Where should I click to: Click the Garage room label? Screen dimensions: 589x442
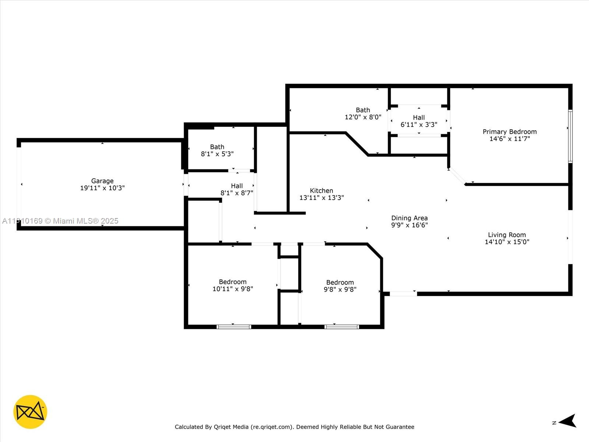(x=102, y=181)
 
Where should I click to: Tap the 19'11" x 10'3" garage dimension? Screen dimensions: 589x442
(x=102, y=188)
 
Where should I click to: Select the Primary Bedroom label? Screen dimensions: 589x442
(x=509, y=132)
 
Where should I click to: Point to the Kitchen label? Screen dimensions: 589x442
(x=321, y=190)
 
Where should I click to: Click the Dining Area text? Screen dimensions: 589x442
(x=409, y=218)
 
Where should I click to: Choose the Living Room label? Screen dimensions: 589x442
(x=507, y=235)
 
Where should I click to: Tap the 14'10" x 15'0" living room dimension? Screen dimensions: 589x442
(x=507, y=242)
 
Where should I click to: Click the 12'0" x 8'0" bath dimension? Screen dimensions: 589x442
(x=363, y=117)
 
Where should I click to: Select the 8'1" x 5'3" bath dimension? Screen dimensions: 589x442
(x=217, y=154)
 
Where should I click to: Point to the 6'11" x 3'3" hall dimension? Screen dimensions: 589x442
(x=419, y=124)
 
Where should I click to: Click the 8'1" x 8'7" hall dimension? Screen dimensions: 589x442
(x=237, y=193)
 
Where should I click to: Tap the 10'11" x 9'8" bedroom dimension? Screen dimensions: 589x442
(x=233, y=289)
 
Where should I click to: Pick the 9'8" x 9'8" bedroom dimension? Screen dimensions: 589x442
(x=340, y=289)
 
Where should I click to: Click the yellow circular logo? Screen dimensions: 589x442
(x=30, y=412)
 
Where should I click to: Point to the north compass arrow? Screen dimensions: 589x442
(x=568, y=421)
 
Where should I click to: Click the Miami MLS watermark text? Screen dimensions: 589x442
(x=60, y=221)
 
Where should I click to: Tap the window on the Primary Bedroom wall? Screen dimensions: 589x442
(x=571, y=136)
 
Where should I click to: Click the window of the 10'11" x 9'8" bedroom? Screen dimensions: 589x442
(x=234, y=327)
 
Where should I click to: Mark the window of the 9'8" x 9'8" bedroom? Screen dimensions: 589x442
(x=342, y=327)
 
